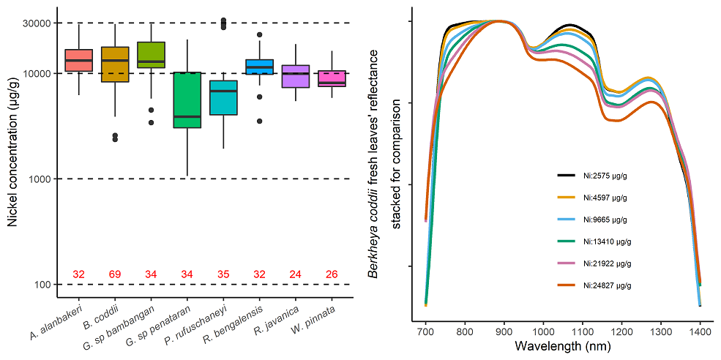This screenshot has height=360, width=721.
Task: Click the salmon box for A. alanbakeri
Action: tap(78, 60)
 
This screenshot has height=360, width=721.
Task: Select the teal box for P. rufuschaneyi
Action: tap(223, 97)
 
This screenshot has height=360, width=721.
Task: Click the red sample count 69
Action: tap(115, 274)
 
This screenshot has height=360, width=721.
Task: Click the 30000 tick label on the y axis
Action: tap(38, 23)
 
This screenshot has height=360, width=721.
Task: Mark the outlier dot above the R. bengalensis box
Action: tap(259, 34)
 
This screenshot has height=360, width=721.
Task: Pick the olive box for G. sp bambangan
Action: tap(151, 55)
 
